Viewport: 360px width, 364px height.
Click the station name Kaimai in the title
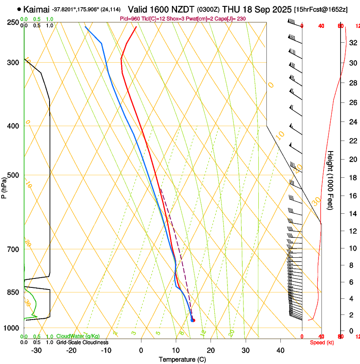pyautogui.click(x=36, y=9)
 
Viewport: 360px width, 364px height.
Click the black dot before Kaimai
pyautogui.click(x=19, y=9)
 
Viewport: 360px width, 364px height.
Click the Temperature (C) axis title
pyautogui.click(x=182, y=359)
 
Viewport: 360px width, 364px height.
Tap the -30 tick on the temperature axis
pyautogui.click(x=36, y=350)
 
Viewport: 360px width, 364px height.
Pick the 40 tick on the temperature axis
pyautogui.click(x=280, y=350)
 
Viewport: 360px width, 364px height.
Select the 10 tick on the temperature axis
pyautogui.click(x=176, y=350)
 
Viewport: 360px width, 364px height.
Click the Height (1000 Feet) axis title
pyautogui.click(x=331, y=180)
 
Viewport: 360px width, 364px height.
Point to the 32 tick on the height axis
pyautogui.click(x=352, y=43)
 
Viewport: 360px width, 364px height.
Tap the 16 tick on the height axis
pyautogui.click(x=352, y=196)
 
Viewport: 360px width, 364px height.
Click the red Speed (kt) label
pyautogui.click(x=322, y=342)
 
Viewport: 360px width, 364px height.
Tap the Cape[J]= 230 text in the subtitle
pyautogui.click(x=232, y=19)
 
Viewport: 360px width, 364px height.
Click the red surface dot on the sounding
pyautogui.click(x=193, y=320)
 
